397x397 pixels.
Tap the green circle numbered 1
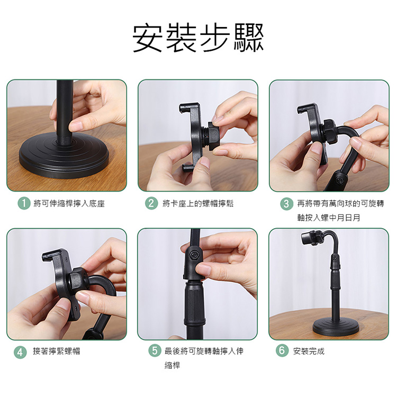click(x=24, y=204)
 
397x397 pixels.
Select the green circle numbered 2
click(x=151, y=204)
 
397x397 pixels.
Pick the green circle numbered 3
click(x=286, y=204)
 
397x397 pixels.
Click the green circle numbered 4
click(x=20, y=352)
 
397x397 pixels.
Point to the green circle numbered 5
click(x=155, y=350)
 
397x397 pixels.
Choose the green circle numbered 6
click(x=282, y=350)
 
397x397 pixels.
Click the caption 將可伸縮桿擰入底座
click(x=69, y=204)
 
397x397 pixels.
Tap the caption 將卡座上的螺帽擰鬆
click(x=198, y=204)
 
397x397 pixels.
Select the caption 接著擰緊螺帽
click(x=57, y=351)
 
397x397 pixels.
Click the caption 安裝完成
click(x=309, y=351)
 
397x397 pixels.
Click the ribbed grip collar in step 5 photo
click(x=195, y=304)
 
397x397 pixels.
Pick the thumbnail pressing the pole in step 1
click(x=75, y=125)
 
